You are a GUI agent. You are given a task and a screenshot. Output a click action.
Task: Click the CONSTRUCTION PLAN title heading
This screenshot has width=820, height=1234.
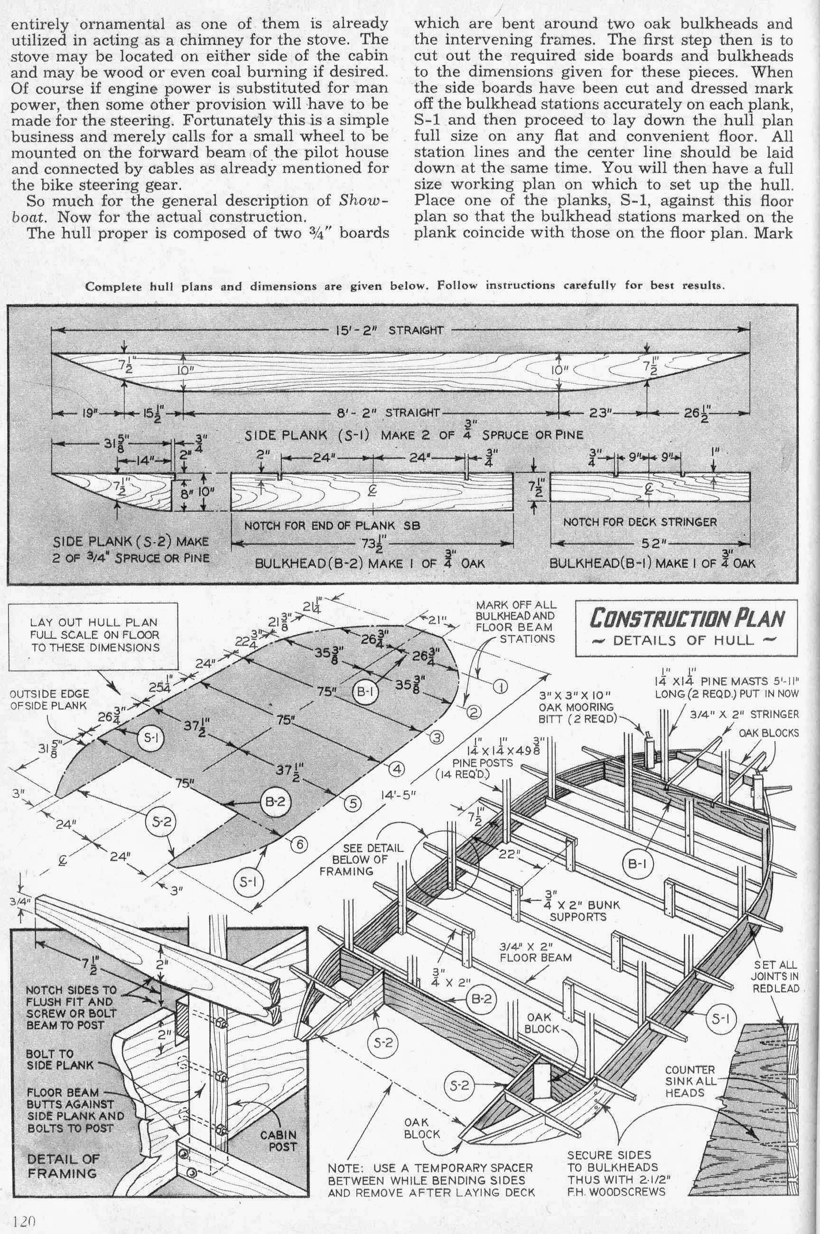pos(687,618)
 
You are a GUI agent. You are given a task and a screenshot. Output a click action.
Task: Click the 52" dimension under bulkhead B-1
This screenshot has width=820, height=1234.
pos(652,543)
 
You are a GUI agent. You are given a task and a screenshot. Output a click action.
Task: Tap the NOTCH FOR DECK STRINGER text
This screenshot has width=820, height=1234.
pos(640,522)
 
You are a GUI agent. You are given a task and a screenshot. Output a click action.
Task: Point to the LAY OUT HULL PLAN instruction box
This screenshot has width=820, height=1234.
pos(94,635)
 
